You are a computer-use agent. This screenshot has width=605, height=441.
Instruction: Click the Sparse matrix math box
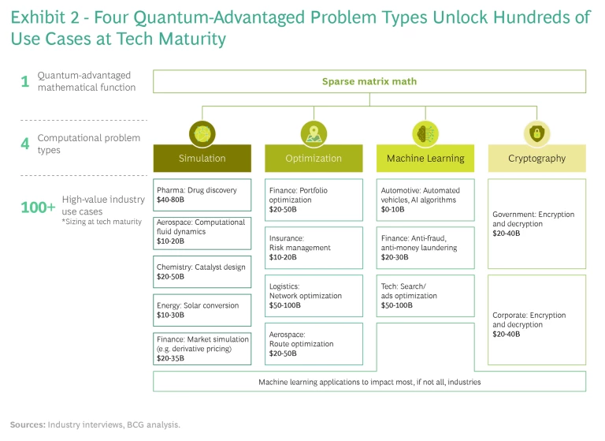[369, 81]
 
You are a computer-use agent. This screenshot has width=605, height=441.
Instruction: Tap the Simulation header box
[202, 158]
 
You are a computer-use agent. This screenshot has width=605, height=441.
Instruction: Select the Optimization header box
[314, 158]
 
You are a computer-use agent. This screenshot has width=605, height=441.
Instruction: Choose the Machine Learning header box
[425, 158]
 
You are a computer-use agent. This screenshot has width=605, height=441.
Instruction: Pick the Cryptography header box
[536, 158]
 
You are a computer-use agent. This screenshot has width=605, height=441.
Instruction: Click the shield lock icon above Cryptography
[536, 134]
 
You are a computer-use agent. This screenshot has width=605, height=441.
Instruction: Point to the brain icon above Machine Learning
[425, 134]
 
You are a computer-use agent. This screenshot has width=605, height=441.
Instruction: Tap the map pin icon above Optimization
[314, 134]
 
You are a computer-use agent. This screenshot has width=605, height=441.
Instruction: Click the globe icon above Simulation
[202, 134]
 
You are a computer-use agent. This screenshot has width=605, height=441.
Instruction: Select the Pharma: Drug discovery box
[202, 195]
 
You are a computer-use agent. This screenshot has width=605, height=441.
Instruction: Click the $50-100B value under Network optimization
[284, 305]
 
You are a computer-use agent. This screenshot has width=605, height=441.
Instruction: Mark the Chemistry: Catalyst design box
[202, 271]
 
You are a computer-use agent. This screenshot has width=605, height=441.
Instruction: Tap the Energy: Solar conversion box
[202, 310]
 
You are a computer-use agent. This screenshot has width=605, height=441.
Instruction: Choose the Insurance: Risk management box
[314, 248]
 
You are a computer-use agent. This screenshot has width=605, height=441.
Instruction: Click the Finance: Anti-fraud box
[425, 248]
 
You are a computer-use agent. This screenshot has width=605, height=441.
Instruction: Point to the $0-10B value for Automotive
[393, 210]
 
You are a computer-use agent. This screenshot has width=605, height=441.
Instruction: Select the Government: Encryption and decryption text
[533, 224]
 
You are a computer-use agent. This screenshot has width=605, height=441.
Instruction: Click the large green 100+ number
[38, 207]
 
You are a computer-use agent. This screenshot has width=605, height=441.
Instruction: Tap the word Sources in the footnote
[28, 424]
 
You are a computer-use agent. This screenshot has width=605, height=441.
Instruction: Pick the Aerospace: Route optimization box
[314, 344]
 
